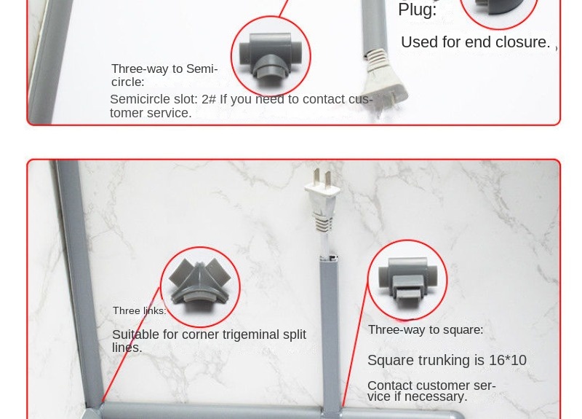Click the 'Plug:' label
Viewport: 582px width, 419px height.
click(417, 10)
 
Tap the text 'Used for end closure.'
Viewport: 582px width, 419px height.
click(475, 42)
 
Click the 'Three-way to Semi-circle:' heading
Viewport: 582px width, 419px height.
click(164, 75)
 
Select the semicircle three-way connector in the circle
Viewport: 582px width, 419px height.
click(271, 55)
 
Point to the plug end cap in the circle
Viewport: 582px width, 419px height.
click(498, 10)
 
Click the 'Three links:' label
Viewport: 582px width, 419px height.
click(139, 311)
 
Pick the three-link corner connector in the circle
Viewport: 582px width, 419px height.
click(200, 286)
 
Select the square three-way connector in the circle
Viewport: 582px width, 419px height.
click(407, 280)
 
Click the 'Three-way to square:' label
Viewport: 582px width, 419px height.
click(425, 330)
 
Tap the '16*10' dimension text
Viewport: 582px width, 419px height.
click(508, 361)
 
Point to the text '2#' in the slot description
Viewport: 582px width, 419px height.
click(209, 100)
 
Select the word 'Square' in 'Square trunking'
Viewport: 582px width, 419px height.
click(390, 361)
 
